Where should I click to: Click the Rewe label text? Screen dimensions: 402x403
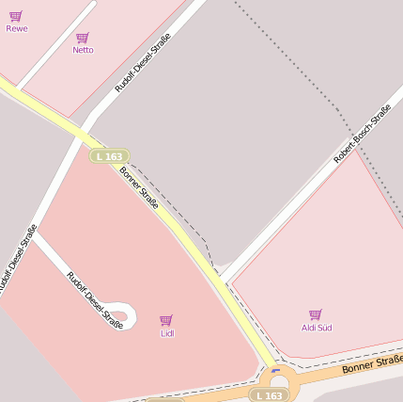(17, 28)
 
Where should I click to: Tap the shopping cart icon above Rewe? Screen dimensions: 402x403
(16, 16)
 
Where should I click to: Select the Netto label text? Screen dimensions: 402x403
(83, 50)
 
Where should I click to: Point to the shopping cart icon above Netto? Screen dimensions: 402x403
(83, 38)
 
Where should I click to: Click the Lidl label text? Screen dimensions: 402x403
(167, 333)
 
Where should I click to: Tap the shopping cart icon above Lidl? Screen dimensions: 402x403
(166, 320)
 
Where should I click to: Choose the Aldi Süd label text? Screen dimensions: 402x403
(317, 328)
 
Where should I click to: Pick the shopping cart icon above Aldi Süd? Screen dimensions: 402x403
(316, 314)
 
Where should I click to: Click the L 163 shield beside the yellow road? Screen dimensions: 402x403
(109, 156)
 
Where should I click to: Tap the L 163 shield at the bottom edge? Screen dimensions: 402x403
(268, 395)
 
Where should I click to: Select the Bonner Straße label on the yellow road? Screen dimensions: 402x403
(139, 188)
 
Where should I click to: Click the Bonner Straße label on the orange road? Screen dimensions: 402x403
(372, 364)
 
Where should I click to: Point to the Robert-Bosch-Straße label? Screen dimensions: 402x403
(363, 134)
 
